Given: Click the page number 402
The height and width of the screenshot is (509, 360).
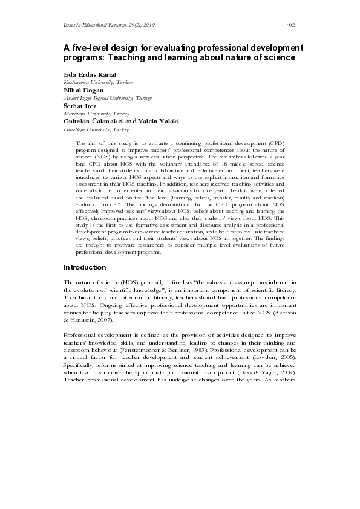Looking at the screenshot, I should tap(290, 24).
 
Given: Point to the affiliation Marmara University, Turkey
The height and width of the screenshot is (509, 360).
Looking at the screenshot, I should tap(96, 113).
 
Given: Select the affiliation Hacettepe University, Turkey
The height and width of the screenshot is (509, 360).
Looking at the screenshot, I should tap(96, 129).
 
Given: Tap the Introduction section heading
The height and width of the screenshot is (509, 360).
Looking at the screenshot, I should tap(85, 267).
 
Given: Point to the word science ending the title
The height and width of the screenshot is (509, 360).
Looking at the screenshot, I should tap(276, 58).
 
